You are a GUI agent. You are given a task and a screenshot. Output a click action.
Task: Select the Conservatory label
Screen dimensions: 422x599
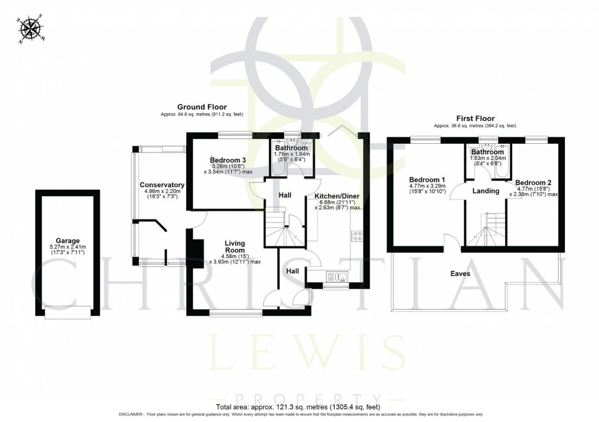pos(162,185)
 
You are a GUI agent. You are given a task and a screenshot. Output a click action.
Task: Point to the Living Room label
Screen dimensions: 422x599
pos(234,247)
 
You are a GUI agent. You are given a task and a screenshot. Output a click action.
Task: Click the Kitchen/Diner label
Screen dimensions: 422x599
pos(337,196)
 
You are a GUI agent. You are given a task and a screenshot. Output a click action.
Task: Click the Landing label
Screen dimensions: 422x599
pos(486,191)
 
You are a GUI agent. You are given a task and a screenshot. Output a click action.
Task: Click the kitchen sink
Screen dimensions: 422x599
pos(337,276)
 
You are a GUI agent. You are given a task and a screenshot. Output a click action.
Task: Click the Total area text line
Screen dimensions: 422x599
pos(299,406)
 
